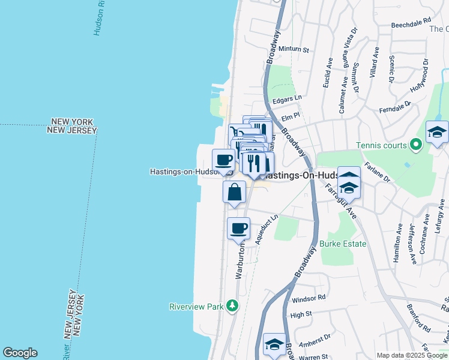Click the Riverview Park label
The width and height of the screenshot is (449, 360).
tap(196, 307)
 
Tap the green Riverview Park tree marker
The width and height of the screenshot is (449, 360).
tap(232, 307)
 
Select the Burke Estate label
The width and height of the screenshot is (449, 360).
tap(343, 244)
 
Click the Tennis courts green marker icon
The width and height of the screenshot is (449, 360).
tap(414, 145)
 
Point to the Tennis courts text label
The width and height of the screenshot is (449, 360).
tap(381, 145)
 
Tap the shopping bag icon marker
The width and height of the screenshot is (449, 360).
tap(235, 193)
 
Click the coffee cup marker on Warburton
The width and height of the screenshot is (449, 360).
tap(239, 228)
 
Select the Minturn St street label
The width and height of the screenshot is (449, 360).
tap(294, 49)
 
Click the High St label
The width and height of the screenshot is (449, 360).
tap(301, 313)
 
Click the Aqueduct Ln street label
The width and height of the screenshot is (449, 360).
tap(267, 229)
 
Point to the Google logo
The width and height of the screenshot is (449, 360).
tap(20, 353)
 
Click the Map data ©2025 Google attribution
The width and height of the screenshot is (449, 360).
tap(412, 355)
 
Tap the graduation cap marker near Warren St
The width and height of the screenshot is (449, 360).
tap(274, 345)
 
